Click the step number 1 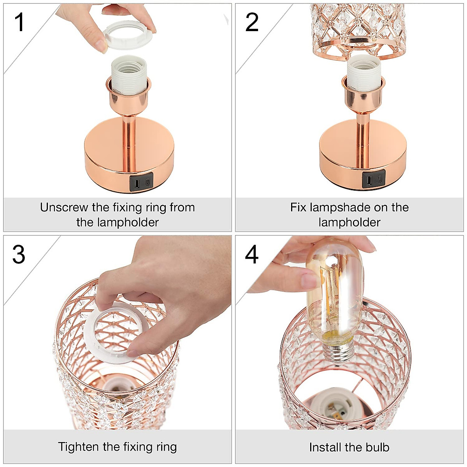tap(19, 22)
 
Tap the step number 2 tap(252, 22)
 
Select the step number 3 tap(19, 255)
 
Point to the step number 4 tap(252, 255)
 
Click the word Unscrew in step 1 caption tap(64, 207)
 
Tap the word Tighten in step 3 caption tap(79, 447)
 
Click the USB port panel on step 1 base tap(141, 182)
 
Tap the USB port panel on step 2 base tap(374, 179)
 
